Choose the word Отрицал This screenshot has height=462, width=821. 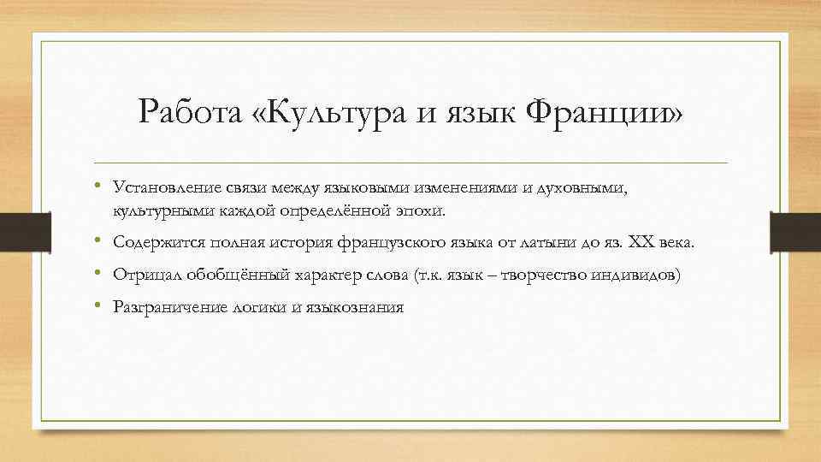click(x=141, y=275)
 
